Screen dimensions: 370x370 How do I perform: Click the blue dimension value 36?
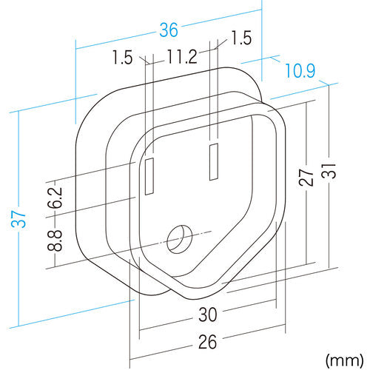(x=169, y=30)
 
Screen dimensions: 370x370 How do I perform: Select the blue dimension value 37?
(x=18, y=219)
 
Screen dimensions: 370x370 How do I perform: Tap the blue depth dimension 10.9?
(x=300, y=70)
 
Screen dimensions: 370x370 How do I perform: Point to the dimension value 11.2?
(x=182, y=57)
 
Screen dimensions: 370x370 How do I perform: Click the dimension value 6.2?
(x=55, y=198)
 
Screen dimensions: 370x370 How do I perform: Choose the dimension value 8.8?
(x=55, y=240)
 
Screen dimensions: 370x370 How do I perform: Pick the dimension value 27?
(x=306, y=178)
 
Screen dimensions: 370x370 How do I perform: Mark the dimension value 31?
(x=329, y=171)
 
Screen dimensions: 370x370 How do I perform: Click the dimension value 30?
(x=208, y=314)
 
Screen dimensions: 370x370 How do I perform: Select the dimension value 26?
(x=208, y=342)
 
